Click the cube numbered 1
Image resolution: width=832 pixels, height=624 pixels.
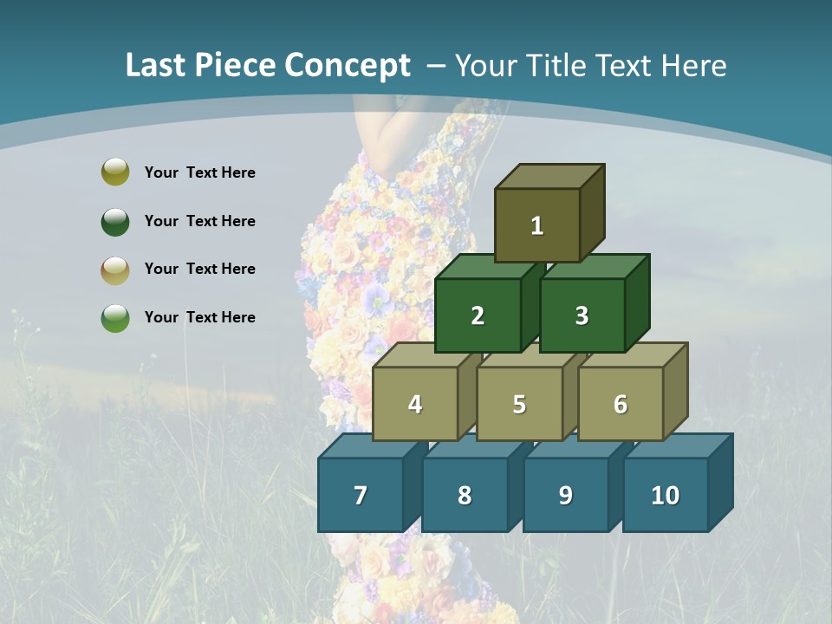pos(537,225)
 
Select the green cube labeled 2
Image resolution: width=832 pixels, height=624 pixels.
pos(478,315)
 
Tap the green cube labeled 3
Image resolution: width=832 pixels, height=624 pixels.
pos(582,315)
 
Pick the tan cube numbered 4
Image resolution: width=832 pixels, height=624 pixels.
pos(415,404)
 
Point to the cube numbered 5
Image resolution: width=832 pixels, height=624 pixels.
pos(519,404)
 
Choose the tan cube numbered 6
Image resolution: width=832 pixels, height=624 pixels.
pos(620,404)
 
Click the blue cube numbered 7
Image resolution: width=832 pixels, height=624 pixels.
pos(361,495)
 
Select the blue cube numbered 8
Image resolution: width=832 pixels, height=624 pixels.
pos(465,495)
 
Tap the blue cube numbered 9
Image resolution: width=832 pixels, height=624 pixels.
pos(565,495)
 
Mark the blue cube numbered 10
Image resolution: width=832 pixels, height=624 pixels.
pos(665,495)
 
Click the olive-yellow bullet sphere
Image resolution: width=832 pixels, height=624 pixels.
pos(115,172)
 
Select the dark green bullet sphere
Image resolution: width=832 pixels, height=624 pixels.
pos(115,221)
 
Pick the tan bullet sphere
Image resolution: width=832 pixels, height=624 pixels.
pos(115,270)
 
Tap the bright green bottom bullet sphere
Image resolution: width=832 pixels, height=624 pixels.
pos(115,317)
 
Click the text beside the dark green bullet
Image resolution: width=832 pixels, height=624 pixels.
pos(199,221)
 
